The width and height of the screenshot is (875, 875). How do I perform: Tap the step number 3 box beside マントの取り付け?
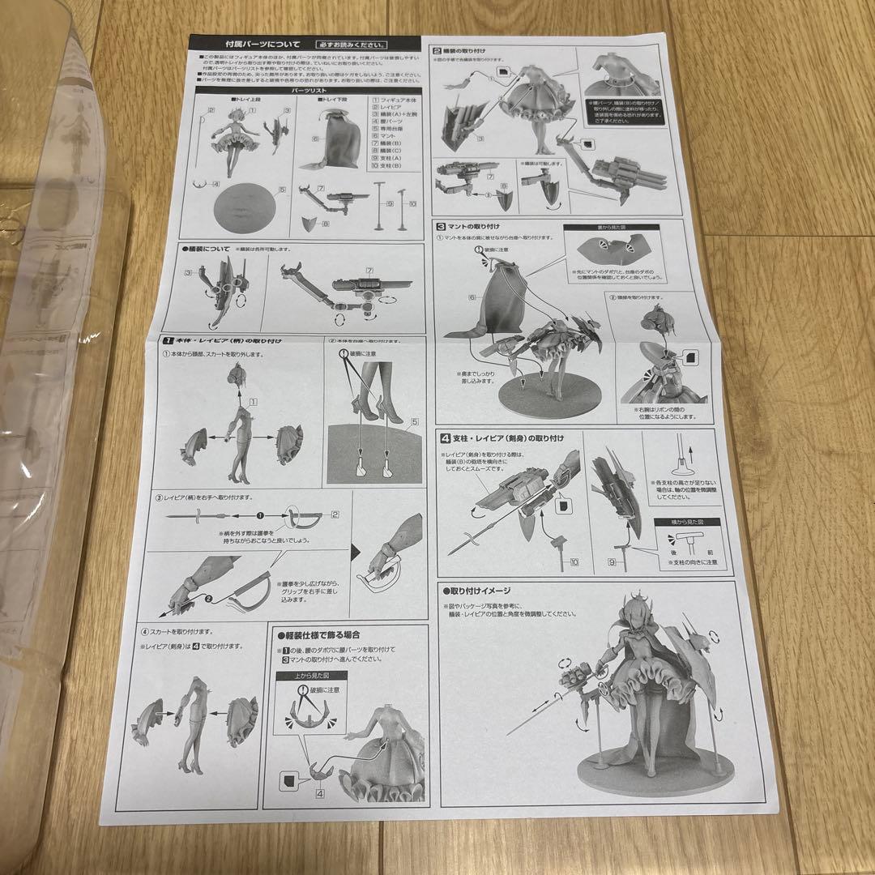point(442,226)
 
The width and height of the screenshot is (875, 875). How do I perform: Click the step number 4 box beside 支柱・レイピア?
point(446,437)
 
